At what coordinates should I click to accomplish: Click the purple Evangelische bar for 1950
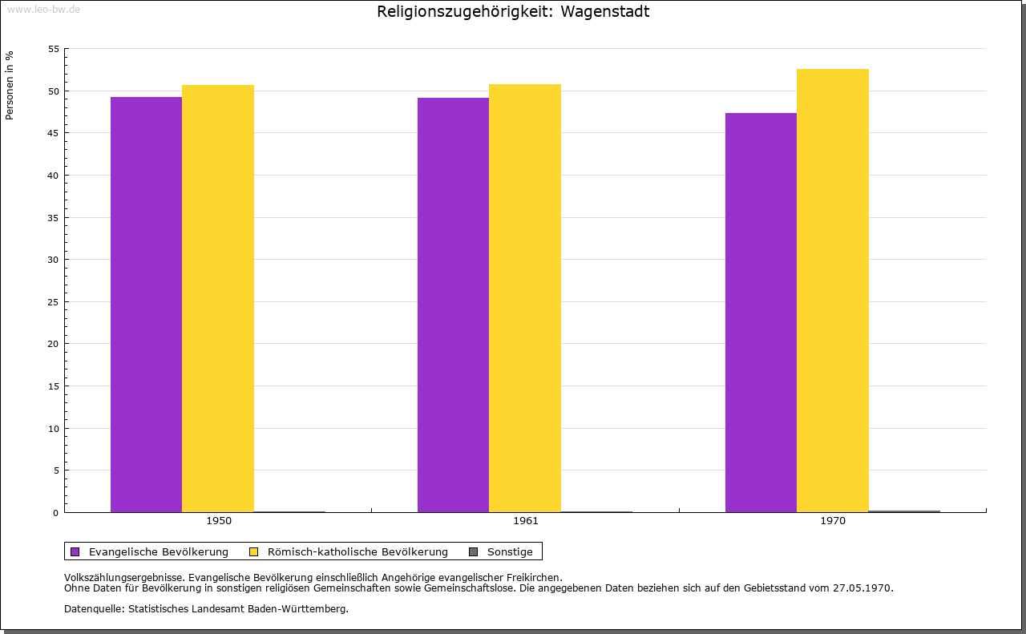pos(146,305)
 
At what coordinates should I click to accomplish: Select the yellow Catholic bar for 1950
pos(218,299)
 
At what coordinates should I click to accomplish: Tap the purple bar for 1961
pos(453,305)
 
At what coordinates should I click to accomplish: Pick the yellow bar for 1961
pos(525,298)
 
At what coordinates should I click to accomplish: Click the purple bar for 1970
pos(761,313)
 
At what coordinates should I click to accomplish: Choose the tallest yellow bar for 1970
pos(833,290)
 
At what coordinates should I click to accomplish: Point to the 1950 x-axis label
pos(219,521)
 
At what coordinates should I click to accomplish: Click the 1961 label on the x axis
pos(526,521)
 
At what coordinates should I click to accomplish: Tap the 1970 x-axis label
pos(833,521)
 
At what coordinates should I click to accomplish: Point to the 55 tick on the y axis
pos(54,49)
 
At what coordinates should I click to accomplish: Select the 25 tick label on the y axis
pos(54,302)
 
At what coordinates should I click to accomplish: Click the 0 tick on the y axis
pos(56,513)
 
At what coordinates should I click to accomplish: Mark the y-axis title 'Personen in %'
pos(10,86)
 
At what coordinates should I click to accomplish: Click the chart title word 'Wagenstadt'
pos(604,11)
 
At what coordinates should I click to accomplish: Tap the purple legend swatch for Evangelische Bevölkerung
pos(75,552)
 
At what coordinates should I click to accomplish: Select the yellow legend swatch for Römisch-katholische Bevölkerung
pos(253,552)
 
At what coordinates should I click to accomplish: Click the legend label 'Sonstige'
pos(510,552)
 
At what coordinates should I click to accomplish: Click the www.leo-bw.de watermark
pos(43,10)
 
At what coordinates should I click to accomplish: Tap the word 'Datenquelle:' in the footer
pos(95,609)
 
